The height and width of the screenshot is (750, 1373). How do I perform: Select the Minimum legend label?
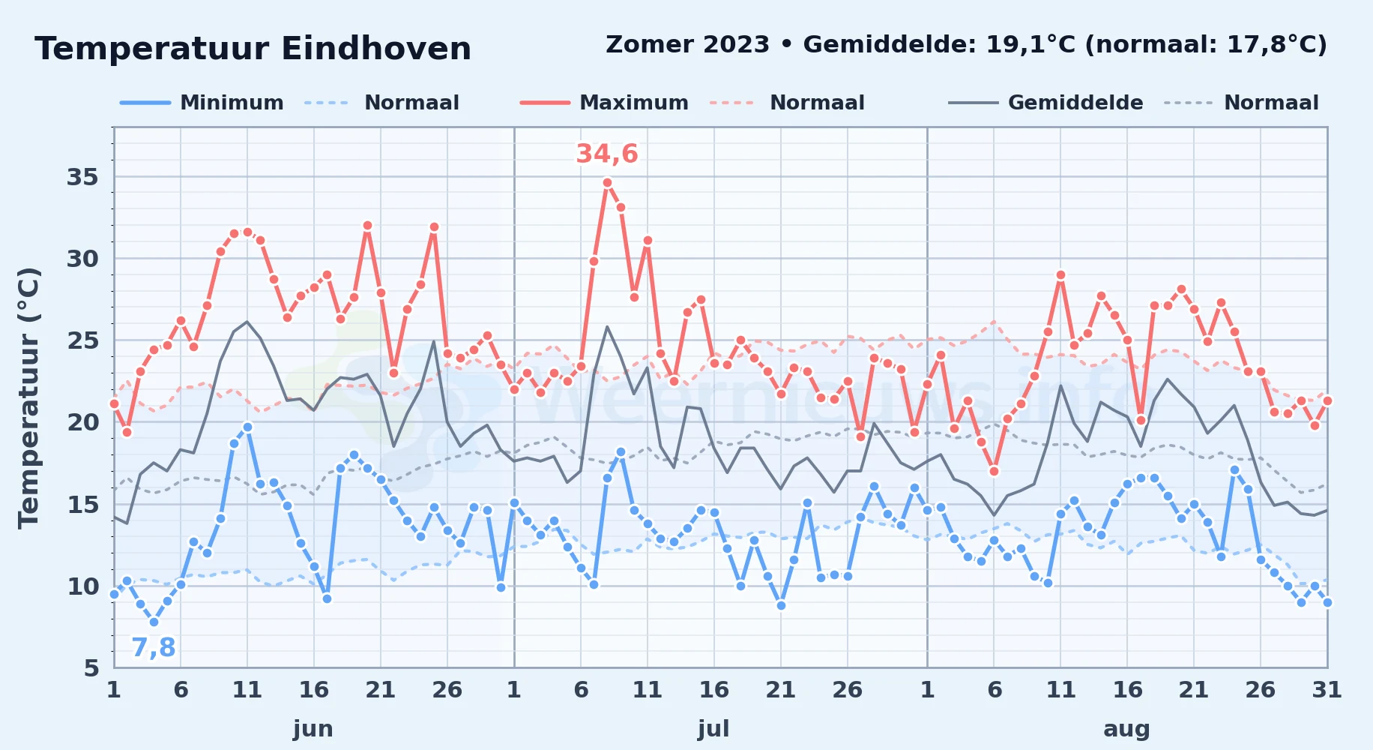tap(232, 103)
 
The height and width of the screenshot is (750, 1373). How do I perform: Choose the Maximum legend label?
tap(634, 103)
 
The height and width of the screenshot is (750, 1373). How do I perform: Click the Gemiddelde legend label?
tap(1075, 103)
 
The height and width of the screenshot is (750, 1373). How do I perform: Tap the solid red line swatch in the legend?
tap(545, 103)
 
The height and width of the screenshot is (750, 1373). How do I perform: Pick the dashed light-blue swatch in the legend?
tap(328, 103)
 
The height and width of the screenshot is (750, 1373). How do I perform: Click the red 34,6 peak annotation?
tap(607, 154)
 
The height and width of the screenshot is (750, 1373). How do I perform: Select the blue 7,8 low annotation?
tap(154, 647)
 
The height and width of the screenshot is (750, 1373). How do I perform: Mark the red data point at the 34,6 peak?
tap(607, 182)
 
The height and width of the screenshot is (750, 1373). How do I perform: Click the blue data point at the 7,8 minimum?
tap(154, 622)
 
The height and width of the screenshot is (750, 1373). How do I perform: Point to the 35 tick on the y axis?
tap(82, 177)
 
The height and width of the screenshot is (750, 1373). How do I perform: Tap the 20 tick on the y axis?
tap(82, 422)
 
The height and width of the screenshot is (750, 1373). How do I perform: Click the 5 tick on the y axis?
tap(91, 667)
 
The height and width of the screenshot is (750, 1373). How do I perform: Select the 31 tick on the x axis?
tap(1327, 690)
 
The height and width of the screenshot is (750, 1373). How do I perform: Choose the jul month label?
tap(713, 729)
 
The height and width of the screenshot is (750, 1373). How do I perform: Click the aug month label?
tap(1126, 729)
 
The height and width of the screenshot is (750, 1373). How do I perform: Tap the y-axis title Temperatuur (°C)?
tap(28, 397)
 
